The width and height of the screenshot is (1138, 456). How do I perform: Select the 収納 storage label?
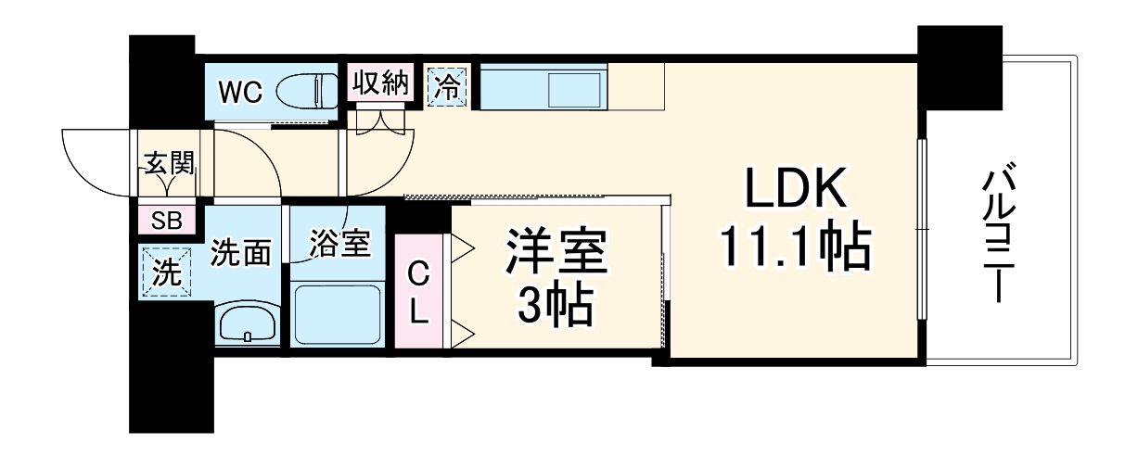click(x=380, y=84)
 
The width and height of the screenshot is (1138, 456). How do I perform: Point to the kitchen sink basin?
click(x=576, y=91)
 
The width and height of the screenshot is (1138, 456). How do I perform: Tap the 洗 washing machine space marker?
click(x=165, y=273)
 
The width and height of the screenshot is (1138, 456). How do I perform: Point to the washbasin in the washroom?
click(x=249, y=323)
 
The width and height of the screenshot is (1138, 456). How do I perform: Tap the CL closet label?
click(x=420, y=293)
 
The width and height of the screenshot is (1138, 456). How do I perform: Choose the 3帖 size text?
click(x=556, y=306)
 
